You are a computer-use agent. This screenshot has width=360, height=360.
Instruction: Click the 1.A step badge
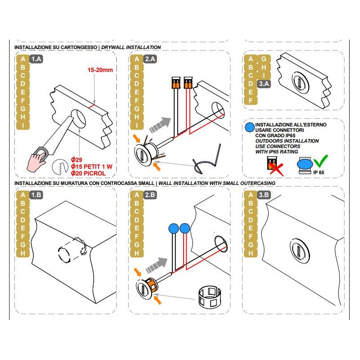(x=36, y=59)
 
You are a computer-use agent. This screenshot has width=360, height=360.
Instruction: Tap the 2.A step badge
(x=150, y=59)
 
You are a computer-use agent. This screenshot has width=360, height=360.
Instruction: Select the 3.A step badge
(x=264, y=84)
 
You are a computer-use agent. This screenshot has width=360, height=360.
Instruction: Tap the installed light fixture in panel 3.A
(x=300, y=82)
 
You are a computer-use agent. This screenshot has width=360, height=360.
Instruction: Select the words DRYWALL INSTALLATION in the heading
(x=131, y=47)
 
